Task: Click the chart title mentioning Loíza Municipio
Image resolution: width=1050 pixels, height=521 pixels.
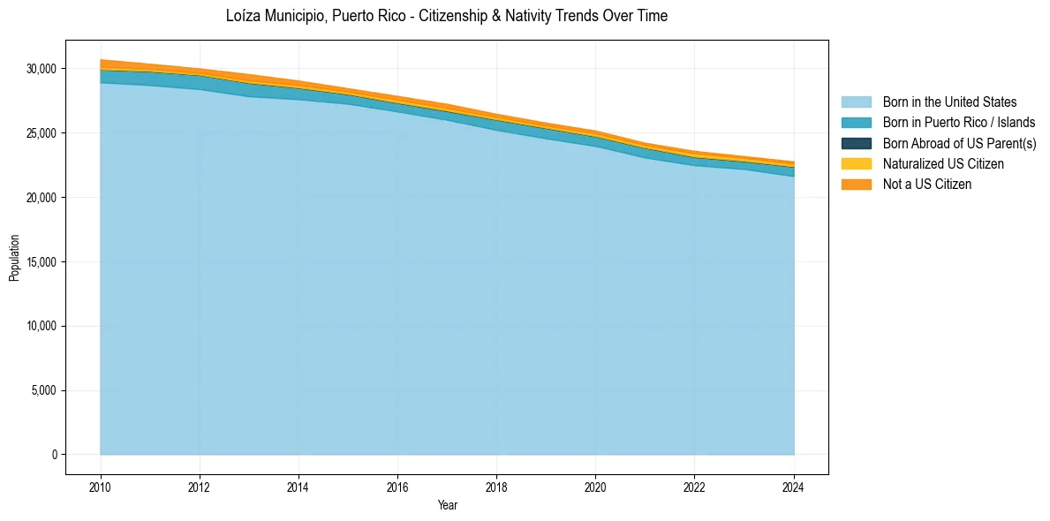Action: pyautogui.click(x=447, y=16)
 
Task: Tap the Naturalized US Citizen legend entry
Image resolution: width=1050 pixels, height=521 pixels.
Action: pyautogui.click(x=943, y=164)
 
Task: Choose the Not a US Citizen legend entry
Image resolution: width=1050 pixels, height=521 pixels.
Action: pyautogui.click(x=926, y=185)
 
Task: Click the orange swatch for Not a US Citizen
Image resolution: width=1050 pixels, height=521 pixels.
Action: pyautogui.click(x=856, y=185)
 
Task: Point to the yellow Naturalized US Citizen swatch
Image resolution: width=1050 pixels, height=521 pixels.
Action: pyautogui.click(x=856, y=164)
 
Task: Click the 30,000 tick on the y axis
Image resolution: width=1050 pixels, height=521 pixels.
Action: pyautogui.click(x=41, y=69)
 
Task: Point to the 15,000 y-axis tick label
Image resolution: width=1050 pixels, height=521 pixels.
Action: pyautogui.click(x=41, y=262)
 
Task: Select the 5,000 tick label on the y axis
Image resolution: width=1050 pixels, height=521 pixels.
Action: pyautogui.click(x=43, y=391)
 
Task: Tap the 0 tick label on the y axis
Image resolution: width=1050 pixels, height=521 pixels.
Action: pyautogui.click(x=54, y=455)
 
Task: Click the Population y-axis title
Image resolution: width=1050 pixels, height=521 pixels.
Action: pyautogui.click(x=14, y=258)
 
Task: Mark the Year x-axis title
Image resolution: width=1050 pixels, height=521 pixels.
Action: pyautogui.click(x=447, y=506)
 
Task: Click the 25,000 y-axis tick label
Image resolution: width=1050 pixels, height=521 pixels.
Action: pyautogui.click(x=41, y=133)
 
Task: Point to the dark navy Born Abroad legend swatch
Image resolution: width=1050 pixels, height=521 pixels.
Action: pyautogui.click(x=856, y=143)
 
